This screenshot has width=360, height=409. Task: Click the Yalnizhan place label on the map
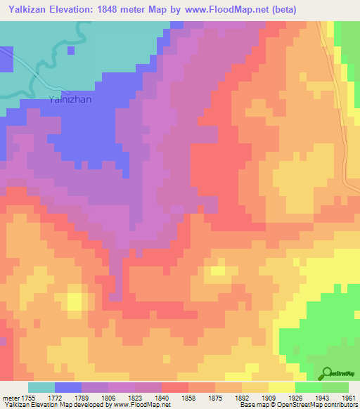(x=71, y=100)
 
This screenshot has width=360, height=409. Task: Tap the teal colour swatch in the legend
(x=41, y=387)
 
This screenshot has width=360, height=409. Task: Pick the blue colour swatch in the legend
(x=67, y=387)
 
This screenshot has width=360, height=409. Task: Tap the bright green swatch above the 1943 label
(x=308, y=387)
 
